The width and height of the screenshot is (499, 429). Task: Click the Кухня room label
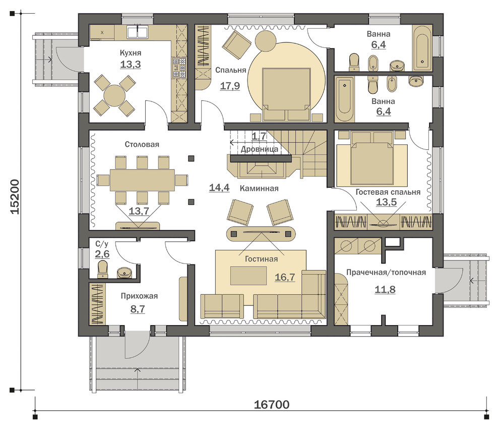click(x=131, y=53)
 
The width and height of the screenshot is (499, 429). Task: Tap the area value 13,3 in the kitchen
click(x=131, y=64)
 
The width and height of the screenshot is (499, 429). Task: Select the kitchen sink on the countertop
click(x=137, y=32)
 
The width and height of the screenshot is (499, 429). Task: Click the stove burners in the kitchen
click(x=179, y=68)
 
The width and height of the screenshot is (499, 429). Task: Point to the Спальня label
click(x=231, y=70)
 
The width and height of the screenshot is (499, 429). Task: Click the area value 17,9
click(x=230, y=86)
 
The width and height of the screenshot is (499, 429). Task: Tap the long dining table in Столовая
click(x=142, y=180)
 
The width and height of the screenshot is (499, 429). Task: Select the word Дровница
click(x=260, y=149)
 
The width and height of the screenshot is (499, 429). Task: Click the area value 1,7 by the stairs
click(x=259, y=136)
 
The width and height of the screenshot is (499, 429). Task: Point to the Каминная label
click(x=259, y=188)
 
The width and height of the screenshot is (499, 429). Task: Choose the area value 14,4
click(x=219, y=187)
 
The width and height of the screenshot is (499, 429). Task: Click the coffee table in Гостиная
click(x=248, y=276)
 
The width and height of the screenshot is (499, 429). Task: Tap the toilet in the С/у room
click(x=103, y=270)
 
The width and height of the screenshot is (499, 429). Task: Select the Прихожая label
click(x=139, y=296)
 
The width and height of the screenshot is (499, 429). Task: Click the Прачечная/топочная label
click(x=386, y=273)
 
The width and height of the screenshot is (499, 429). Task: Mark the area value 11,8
click(x=385, y=289)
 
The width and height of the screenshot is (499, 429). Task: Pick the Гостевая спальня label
click(x=388, y=192)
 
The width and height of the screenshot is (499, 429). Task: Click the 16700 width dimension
click(x=272, y=404)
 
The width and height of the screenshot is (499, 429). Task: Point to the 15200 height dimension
click(x=15, y=197)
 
